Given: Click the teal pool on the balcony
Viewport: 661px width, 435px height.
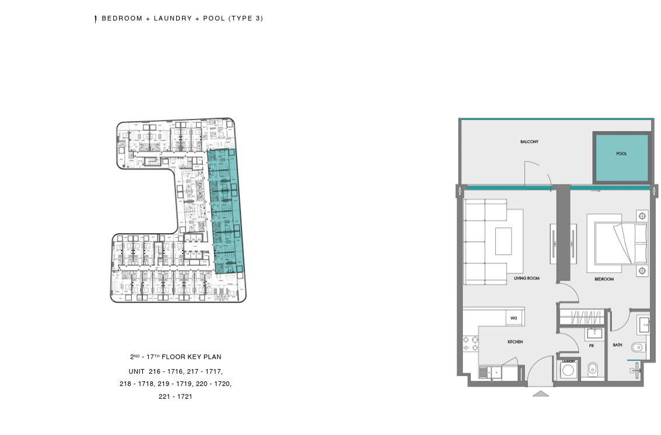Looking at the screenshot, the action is point(621,157).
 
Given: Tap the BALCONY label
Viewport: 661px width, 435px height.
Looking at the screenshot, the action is point(529,142).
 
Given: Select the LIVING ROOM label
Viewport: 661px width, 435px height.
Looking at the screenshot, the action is point(526,278).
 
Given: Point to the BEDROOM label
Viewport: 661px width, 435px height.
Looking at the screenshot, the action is point(604,279).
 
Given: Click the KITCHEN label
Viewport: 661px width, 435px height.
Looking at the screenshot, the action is point(515,342).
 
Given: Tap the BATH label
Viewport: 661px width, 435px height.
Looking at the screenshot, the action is point(618,345).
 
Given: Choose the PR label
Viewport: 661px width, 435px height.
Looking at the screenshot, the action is point(592,346).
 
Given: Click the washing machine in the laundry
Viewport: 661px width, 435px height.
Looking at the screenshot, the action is point(568,370).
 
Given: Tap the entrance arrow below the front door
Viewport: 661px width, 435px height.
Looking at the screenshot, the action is point(541,394).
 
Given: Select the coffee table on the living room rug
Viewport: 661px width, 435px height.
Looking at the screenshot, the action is point(503,241).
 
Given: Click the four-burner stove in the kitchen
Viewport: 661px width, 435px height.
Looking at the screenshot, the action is point(470,343).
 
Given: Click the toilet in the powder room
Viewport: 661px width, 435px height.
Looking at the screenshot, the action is point(592,369).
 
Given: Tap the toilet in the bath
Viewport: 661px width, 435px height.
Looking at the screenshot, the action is point(638,348).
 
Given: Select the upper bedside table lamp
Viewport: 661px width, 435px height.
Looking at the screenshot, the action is point(642,216).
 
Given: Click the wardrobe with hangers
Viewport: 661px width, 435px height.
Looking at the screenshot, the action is point(583,317).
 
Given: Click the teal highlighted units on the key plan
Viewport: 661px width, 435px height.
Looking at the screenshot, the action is point(225,211).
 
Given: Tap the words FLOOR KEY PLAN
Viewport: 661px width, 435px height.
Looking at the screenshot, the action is point(191,357).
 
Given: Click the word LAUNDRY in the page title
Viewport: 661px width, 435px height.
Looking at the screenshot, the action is point(173,18).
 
